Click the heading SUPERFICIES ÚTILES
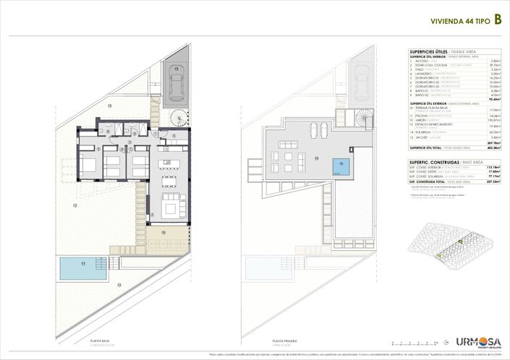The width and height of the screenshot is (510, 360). click(428, 51)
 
